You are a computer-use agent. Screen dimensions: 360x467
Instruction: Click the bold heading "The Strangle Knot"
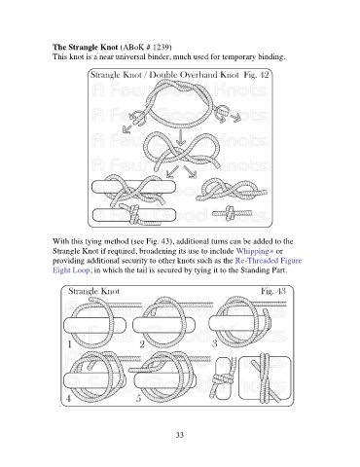coord(86,47)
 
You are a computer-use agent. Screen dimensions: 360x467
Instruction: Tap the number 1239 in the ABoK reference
coord(161,47)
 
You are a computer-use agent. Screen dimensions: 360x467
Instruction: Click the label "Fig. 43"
coord(273,291)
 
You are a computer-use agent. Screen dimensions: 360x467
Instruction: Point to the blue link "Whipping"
coord(252,251)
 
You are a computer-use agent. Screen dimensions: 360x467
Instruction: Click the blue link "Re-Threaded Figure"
coord(269,261)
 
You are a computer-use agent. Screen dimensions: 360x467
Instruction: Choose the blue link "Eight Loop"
coord(71,270)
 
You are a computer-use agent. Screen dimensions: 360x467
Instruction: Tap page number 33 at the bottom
coord(180,435)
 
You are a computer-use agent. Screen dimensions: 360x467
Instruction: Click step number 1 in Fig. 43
coord(69,344)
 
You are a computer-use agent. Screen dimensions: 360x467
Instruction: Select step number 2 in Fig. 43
coord(142,344)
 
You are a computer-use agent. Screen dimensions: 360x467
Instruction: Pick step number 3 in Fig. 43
coord(214,343)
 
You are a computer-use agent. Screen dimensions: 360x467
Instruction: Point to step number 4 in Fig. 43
coord(68,398)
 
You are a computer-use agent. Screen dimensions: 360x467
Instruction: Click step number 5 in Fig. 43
coord(139,398)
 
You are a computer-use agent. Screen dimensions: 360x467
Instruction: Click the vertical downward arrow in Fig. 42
coord(181,137)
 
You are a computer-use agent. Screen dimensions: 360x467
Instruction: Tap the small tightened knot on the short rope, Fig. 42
coord(231,213)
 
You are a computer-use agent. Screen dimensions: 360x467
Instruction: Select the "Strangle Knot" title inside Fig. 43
coord(93,291)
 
